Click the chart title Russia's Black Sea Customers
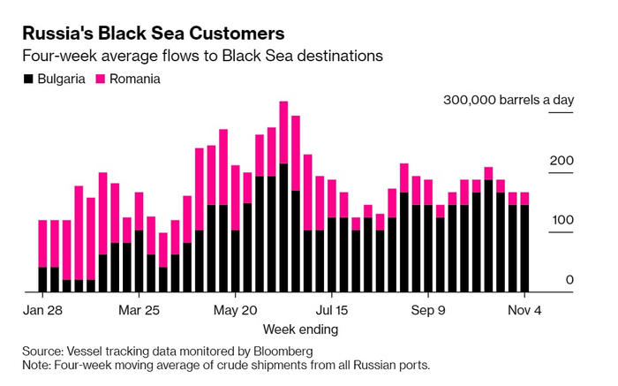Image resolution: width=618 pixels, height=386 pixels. click(x=153, y=34)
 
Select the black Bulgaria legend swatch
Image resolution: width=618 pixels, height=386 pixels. click(x=28, y=79)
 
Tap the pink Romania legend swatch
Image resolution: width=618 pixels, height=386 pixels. click(x=100, y=79)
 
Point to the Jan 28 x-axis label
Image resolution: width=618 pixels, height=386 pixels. click(x=42, y=310)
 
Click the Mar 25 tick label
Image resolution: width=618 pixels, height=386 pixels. click(x=139, y=310)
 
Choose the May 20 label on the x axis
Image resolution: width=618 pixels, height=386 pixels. click(x=236, y=310)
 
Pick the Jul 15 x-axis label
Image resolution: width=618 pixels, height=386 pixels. click(x=332, y=310)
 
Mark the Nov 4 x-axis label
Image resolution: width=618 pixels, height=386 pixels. click(x=524, y=310)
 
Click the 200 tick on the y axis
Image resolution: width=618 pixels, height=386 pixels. click(x=563, y=161)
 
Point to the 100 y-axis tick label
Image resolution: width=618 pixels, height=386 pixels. click(x=563, y=220)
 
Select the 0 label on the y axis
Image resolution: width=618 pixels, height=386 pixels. click(x=570, y=280)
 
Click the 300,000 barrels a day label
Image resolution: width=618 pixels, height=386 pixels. click(x=509, y=101)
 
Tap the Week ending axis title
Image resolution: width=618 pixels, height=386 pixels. click(x=300, y=329)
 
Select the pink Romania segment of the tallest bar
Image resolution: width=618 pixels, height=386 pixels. click(x=283, y=132)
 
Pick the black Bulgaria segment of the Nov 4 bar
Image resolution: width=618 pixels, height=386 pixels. click(x=524, y=248)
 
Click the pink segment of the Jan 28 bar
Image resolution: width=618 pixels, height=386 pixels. click(x=42, y=243)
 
